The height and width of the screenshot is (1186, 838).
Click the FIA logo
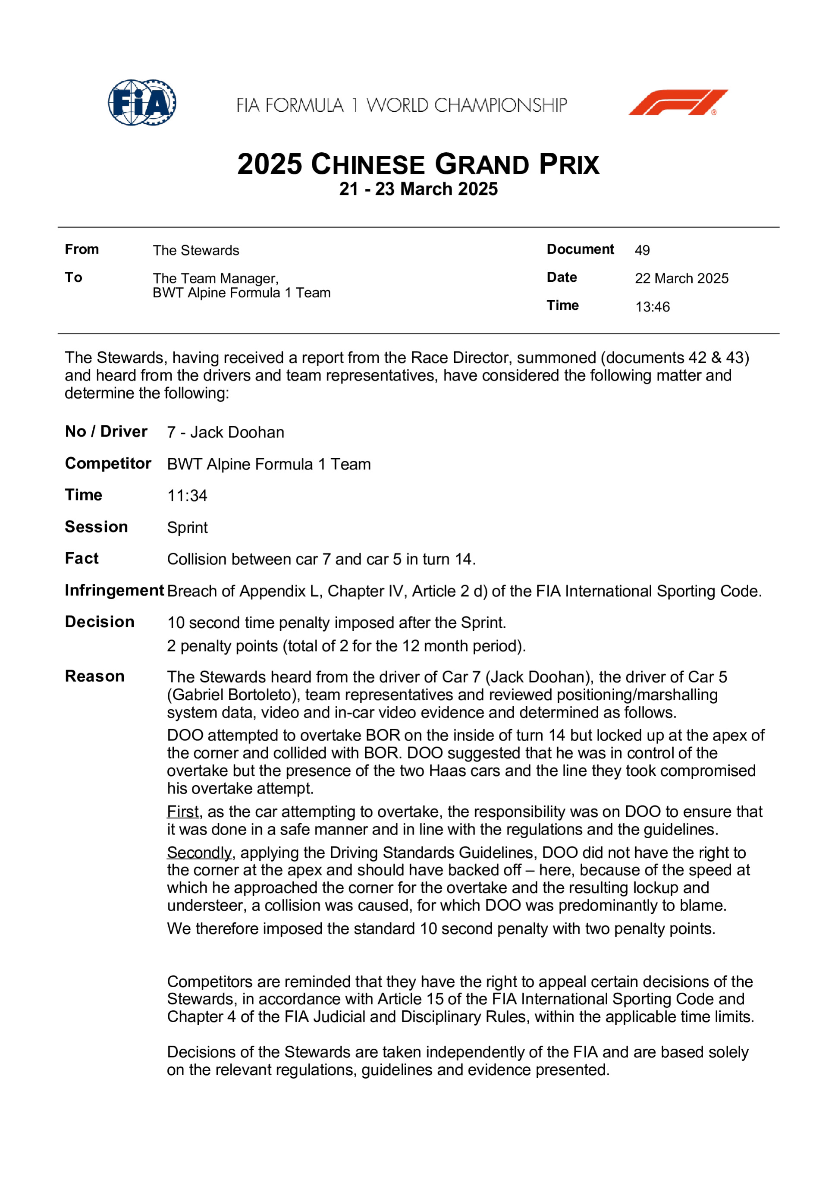coord(142,102)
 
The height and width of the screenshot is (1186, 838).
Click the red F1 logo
coord(678,102)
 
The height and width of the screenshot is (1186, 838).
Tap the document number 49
coord(642,250)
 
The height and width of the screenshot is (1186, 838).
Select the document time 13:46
coord(652,307)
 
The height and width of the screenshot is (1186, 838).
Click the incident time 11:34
coord(187,496)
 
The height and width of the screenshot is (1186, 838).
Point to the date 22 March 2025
coord(681,278)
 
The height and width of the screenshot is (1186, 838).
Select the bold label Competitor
coord(108,463)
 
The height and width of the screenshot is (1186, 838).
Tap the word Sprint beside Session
coord(187,527)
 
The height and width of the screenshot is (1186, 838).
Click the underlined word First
coord(183,812)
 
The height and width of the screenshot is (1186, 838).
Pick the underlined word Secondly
coord(199,853)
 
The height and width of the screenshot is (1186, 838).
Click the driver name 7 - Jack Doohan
coord(226,432)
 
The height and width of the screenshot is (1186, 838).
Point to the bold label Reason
coord(94,676)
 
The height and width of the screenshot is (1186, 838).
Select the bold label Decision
coord(100,622)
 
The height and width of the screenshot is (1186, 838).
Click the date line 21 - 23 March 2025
coord(418,189)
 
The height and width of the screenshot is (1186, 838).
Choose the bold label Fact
coord(82,558)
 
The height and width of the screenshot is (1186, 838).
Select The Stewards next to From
coord(196,251)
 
